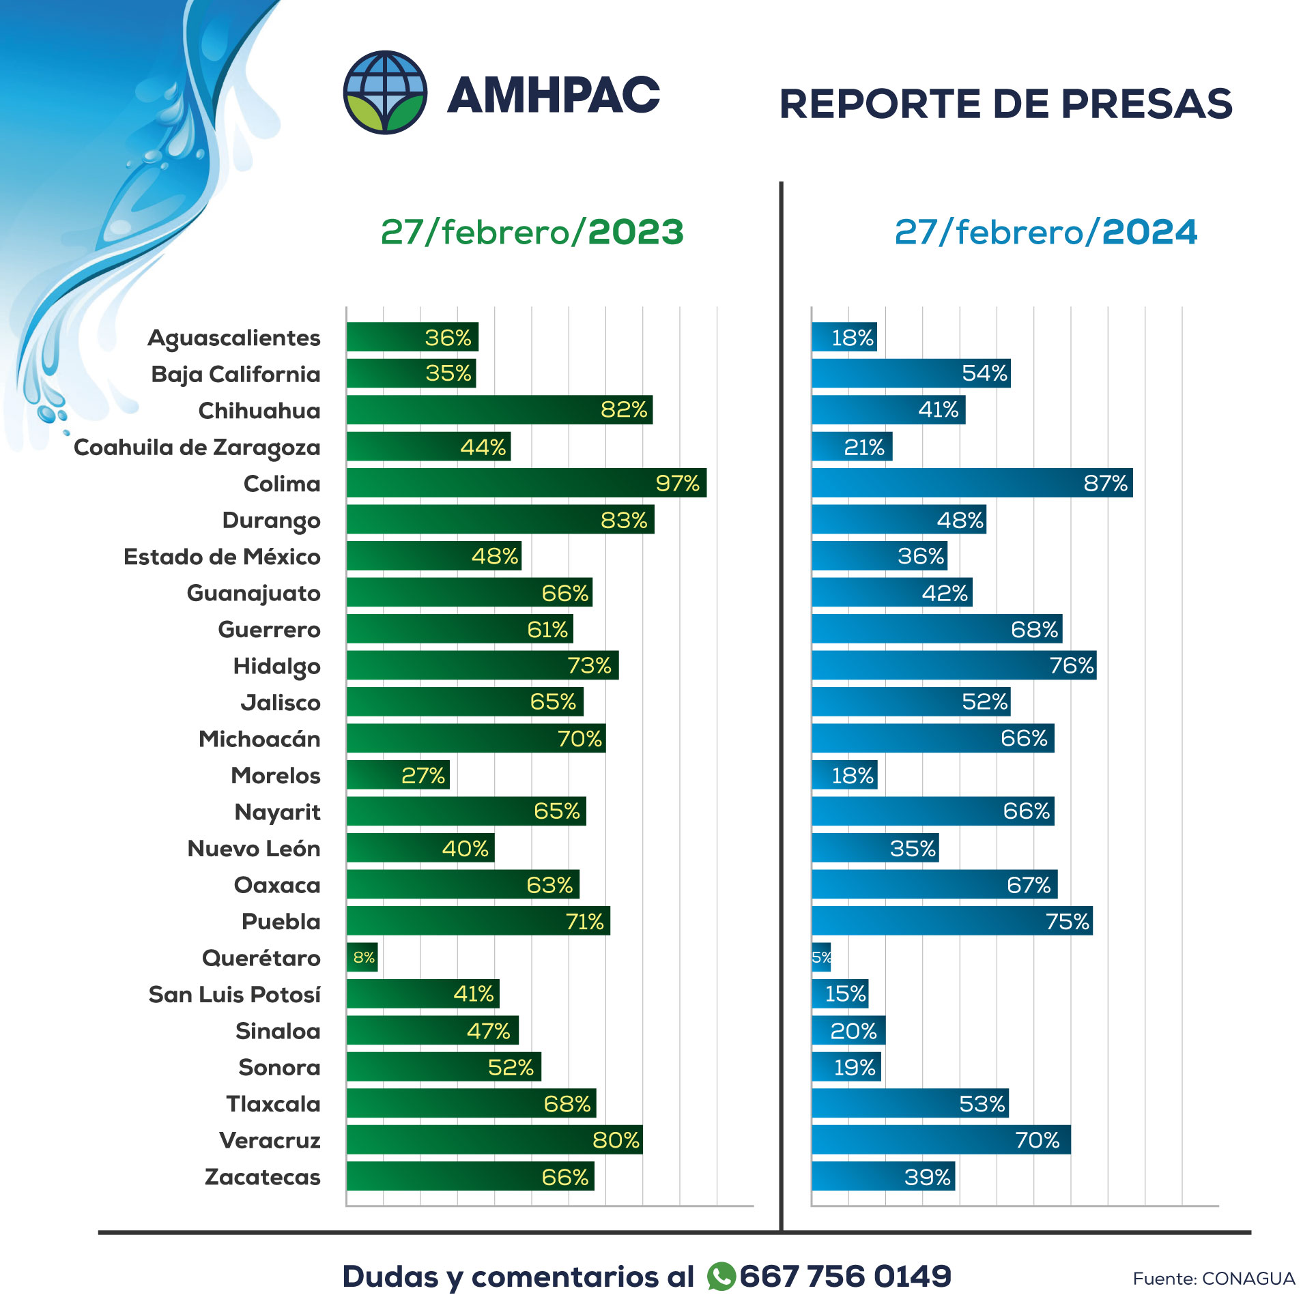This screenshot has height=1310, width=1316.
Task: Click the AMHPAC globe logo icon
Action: (x=385, y=92)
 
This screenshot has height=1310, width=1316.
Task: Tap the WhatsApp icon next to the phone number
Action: (x=721, y=1276)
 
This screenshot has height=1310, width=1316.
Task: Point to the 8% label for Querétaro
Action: (x=364, y=957)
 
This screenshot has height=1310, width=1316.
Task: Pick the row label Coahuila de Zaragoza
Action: (x=197, y=448)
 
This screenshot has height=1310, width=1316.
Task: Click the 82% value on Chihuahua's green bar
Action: (x=624, y=410)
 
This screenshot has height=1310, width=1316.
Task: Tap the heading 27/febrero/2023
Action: (x=532, y=232)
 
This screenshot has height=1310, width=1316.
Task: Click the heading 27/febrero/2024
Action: (x=1046, y=232)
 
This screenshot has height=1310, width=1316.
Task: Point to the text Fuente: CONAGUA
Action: (x=1213, y=1279)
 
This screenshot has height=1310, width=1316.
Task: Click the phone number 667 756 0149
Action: (x=845, y=1276)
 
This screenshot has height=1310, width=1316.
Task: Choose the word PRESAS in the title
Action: (x=1147, y=104)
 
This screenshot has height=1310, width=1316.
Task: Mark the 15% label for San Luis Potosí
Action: (x=845, y=993)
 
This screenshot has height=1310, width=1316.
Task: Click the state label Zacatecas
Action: (x=262, y=1177)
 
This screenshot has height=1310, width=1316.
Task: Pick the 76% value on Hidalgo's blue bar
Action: (x=1071, y=665)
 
